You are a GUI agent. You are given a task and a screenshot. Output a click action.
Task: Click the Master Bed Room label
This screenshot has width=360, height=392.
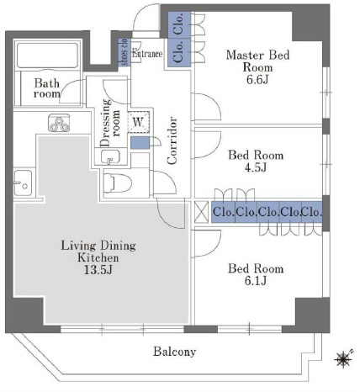(257, 61)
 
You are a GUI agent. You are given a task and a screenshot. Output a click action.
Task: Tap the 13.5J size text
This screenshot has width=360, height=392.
(98, 270)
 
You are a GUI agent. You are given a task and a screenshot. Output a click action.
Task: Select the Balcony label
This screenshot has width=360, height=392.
(174, 352)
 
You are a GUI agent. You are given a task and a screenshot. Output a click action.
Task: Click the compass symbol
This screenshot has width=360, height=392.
(343, 358)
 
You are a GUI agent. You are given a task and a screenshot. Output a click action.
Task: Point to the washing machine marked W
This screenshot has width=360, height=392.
(138, 122)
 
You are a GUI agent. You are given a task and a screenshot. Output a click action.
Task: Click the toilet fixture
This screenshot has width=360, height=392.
(118, 183)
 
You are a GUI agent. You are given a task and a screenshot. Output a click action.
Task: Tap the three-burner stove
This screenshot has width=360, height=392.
(59, 123)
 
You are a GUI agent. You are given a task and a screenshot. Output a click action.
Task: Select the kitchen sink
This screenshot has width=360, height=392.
(23, 183)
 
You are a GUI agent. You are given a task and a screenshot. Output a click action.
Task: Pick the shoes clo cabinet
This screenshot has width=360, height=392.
(124, 52)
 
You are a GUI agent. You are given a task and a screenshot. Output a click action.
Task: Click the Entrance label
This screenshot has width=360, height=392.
(147, 54)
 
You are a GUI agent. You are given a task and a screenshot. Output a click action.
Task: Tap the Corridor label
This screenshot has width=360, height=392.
(172, 140)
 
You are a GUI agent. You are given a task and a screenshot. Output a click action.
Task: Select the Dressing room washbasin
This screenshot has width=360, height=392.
(110, 156)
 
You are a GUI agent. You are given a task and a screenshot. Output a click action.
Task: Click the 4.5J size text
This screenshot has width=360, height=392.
(256, 167)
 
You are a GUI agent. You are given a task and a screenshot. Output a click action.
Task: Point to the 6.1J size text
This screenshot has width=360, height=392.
(256, 281)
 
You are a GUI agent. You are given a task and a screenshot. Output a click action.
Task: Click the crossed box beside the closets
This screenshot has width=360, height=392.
(201, 212)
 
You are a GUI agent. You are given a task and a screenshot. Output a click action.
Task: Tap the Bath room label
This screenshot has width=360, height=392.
(47, 88)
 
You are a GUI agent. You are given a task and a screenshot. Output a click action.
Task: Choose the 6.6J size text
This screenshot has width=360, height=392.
(257, 80)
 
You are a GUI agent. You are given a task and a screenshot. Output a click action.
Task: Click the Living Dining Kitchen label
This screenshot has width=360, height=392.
(98, 252)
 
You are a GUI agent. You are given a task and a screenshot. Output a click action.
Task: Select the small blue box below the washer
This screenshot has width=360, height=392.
(140, 143)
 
